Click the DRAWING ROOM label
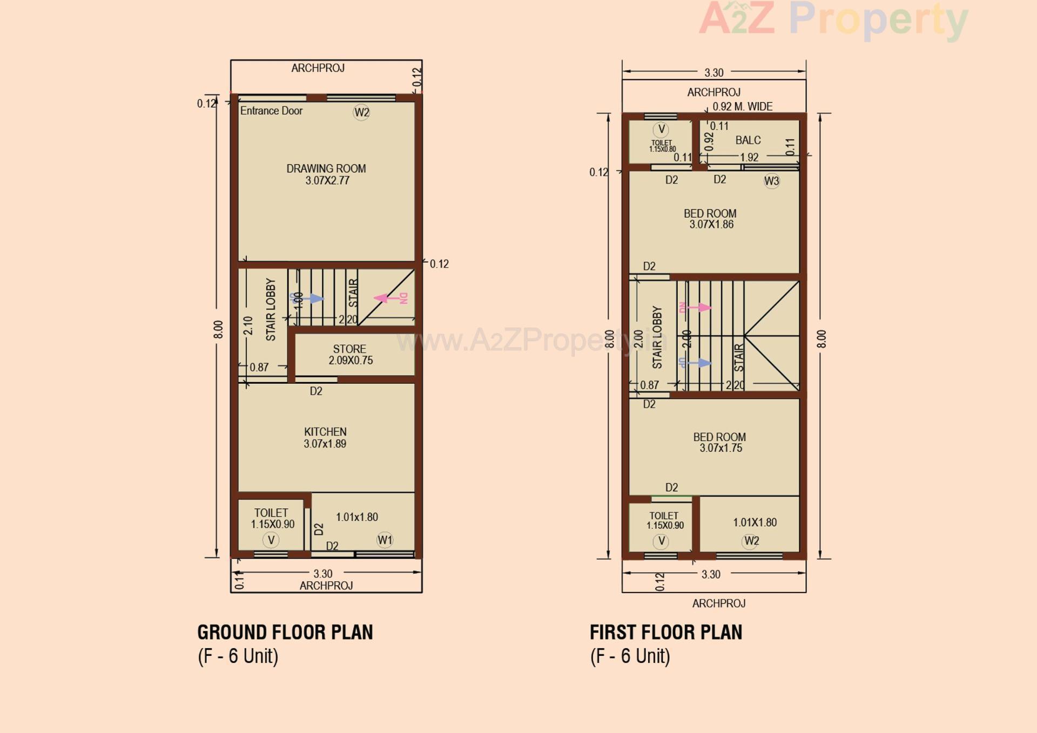click(x=326, y=169)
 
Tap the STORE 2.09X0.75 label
click(x=350, y=355)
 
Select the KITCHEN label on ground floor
click(x=325, y=432)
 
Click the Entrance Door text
click(x=271, y=111)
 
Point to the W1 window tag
click(x=385, y=540)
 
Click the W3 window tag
click(x=771, y=181)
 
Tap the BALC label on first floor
click(x=748, y=140)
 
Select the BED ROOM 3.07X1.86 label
click(x=710, y=219)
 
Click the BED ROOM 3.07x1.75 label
click(x=719, y=442)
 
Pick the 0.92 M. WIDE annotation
click(x=742, y=107)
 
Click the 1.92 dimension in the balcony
click(x=749, y=158)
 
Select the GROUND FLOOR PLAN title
click(x=285, y=632)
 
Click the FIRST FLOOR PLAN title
click(x=666, y=632)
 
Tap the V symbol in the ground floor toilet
click(x=271, y=540)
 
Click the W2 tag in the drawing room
click(x=361, y=112)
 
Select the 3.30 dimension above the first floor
click(x=713, y=72)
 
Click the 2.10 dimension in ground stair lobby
click(x=248, y=325)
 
